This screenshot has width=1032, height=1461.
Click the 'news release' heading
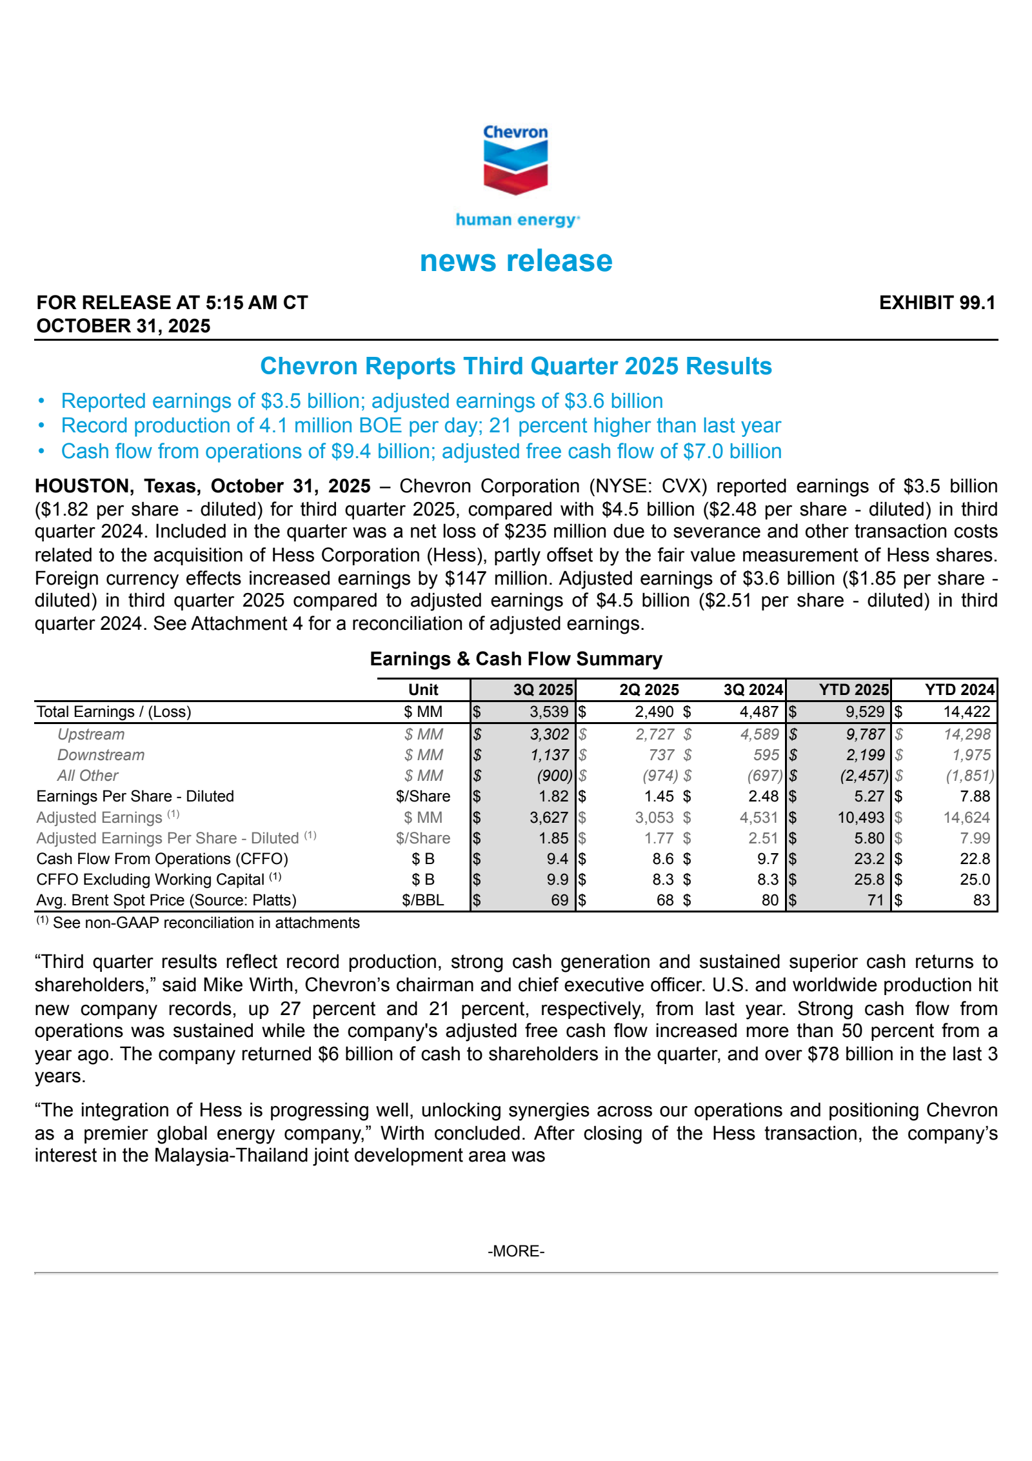515,261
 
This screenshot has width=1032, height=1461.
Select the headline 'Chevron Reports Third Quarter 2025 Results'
515,366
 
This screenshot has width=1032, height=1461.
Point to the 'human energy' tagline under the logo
517,220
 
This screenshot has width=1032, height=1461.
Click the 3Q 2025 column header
542,690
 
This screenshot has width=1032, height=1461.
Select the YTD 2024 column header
959,690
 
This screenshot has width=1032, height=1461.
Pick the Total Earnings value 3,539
549,712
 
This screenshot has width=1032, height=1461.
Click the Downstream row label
101,755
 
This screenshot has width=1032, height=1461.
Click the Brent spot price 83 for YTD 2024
981,900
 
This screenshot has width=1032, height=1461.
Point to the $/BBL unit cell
423,900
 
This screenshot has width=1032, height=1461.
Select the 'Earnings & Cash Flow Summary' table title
515,659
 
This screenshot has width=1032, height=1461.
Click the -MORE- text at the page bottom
515,1251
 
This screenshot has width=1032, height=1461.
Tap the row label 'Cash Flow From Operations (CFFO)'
162,859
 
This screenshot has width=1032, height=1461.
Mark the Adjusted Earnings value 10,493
860,818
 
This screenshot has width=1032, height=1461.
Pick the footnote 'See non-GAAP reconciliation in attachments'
205,923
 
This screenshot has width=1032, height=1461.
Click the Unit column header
423,690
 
